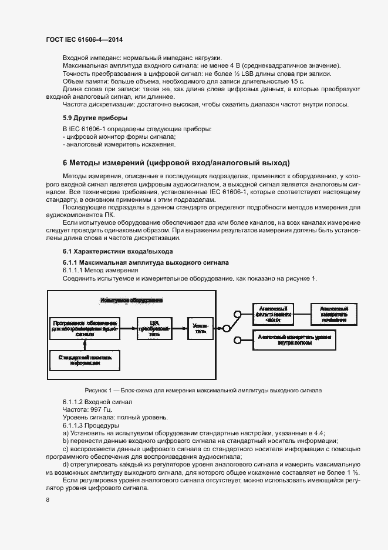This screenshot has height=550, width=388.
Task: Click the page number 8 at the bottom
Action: (x=47, y=499)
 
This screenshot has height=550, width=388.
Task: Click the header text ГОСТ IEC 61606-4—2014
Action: (x=86, y=40)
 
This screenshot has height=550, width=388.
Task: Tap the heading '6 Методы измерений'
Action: (x=176, y=162)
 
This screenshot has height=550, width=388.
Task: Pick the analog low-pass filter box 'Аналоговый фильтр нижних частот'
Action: (x=273, y=314)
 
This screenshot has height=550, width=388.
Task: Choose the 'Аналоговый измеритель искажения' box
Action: (x=334, y=314)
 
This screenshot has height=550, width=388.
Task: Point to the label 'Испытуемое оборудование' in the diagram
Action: (x=131, y=300)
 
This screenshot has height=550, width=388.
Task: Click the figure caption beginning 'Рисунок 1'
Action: (x=203, y=389)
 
